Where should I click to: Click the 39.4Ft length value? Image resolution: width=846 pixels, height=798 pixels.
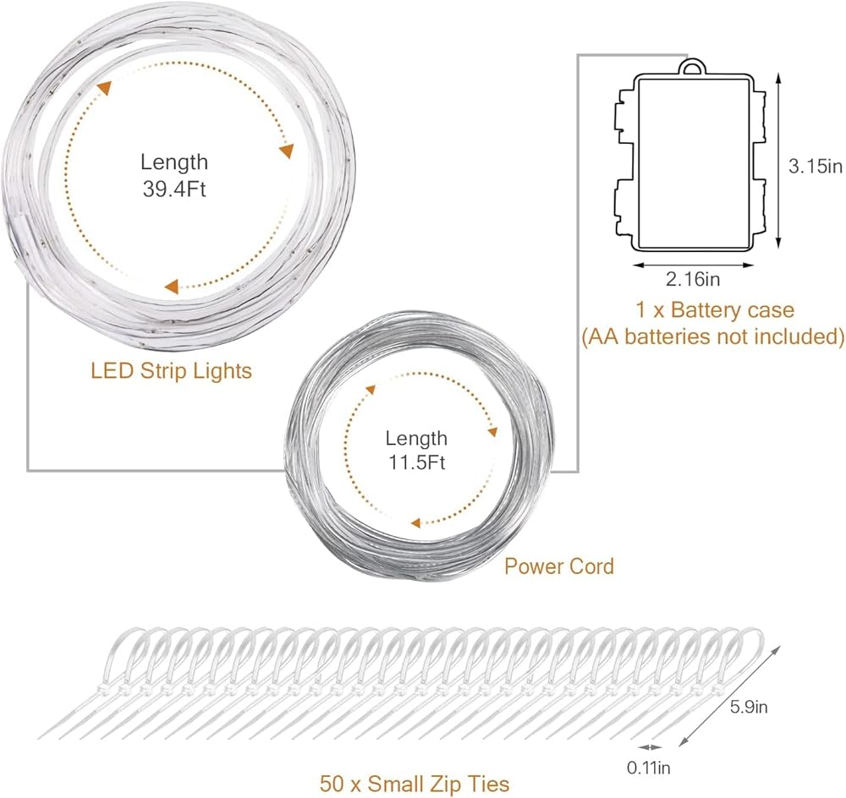[173, 189]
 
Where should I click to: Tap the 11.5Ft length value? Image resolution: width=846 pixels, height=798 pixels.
[416, 463]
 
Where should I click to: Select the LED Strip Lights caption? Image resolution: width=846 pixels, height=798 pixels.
[171, 371]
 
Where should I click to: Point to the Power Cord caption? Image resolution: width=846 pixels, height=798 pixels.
[559, 566]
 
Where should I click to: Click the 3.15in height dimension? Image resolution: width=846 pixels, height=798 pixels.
[816, 166]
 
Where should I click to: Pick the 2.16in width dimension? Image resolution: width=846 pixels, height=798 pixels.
[692, 279]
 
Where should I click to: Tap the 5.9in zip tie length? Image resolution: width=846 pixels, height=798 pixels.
[749, 707]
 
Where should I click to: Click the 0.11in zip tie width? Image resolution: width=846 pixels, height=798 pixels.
[649, 768]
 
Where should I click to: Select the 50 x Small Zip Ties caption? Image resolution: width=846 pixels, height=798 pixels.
[415, 784]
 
